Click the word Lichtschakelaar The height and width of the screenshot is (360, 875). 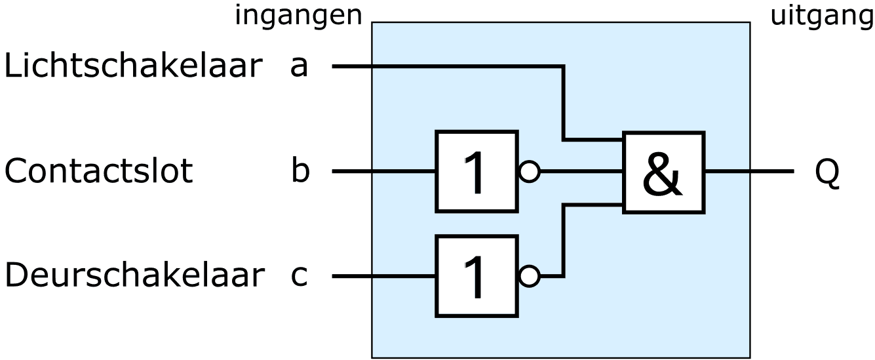click(133, 67)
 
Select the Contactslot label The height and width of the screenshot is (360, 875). click(98, 172)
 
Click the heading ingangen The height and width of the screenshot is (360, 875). click(298, 16)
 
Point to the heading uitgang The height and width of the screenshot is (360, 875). click(822, 16)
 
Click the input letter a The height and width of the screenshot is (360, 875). click(299, 67)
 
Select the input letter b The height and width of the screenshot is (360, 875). click(300, 172)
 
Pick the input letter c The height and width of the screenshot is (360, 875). click(299, 277)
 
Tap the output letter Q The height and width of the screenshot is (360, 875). click(827, 173)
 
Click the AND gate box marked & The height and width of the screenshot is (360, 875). click(663, 172)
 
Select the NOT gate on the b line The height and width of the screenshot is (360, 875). click(476, 172)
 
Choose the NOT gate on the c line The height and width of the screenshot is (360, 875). click(476, 276)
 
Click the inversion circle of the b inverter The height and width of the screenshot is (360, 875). click(529, 172)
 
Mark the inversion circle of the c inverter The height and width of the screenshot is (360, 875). click(529, 277)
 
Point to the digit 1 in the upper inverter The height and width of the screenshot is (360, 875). click(476, 172)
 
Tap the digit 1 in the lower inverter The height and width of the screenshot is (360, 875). click(476, 277)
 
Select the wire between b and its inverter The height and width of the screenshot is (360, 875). click(383, 172)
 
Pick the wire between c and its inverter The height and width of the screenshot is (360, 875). click(383, 277)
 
